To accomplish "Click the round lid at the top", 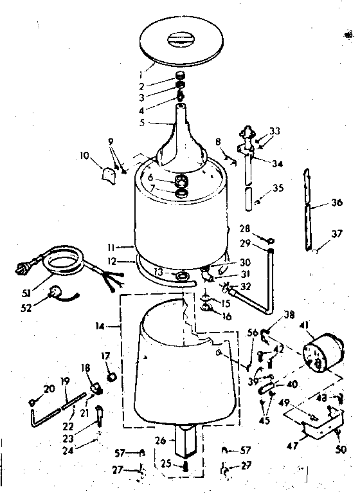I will tap(181, 42).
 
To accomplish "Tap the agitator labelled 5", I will tap(181, 138).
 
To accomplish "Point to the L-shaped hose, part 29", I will tap(257, 287).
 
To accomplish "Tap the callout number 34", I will tap(277, 163).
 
